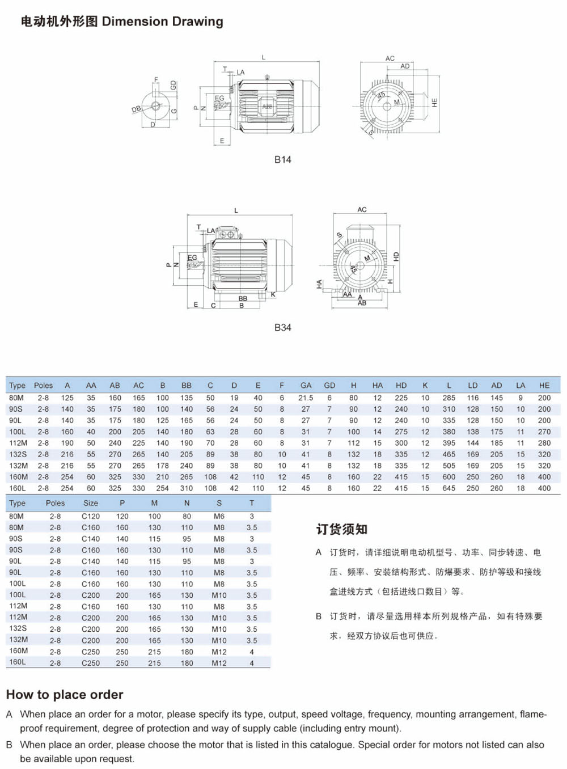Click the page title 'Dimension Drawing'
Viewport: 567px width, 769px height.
(162, 22)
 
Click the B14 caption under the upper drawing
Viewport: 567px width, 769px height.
(282, 160)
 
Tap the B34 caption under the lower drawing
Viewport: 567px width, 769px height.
(282, 328)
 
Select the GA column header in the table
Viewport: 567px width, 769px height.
(306, 386)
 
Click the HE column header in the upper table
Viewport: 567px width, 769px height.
(544, 386)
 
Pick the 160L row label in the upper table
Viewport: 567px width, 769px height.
(18, 488)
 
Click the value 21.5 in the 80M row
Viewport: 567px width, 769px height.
(306, 398)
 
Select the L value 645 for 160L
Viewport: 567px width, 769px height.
(448, 488)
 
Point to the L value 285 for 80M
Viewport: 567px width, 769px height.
(448, 398)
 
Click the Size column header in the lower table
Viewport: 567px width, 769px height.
(91, 503)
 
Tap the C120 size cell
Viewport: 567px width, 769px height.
(91, 517)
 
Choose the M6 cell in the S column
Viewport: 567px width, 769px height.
(219, 517)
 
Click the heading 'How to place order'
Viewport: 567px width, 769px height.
(65, 695)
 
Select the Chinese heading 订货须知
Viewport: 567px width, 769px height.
(342, 530)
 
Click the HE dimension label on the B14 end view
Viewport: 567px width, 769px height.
(434, 103)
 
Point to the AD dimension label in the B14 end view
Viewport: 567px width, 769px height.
(405, 66)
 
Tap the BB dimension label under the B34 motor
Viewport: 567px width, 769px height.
(243, 298)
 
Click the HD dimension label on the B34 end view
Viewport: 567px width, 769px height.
(396, 256)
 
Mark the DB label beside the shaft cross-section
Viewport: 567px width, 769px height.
(136, 109)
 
